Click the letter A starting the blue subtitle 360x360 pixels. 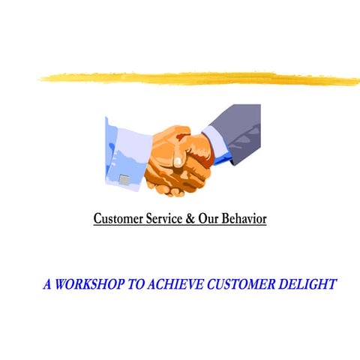point(48,285)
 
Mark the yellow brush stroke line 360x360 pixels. point(195,76)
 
